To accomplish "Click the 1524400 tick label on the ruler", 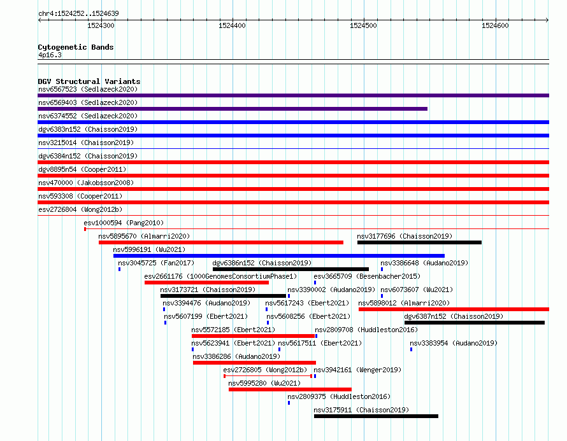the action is pyautogui.click(x=232, y=25).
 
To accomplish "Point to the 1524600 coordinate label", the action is pyautogui.click(x=495, y=25).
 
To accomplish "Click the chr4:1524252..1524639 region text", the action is pyautogui.click(x=78, y=14).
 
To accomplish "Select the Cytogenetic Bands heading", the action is pyautogui.click(x=76, y=47).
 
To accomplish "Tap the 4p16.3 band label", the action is pyautogui.click(x=50, y=55).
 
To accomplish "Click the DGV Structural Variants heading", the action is pyautogui.click(x=89, y=81).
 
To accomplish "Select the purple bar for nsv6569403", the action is pyautogui.click(x=233, y=109).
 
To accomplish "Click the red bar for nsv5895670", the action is pyautogui.click(x=221, y=242).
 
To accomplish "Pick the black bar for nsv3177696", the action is pyautogui.click(x=419, y=242).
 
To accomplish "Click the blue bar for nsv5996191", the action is pyautogui.click(x=279, y=256).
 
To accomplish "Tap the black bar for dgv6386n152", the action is pyautogui.click(x=291, y=269).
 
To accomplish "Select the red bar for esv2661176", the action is pyautogui.click(x=206, y=283).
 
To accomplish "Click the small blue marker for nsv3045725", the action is pyautogui.click(x=119, y=269).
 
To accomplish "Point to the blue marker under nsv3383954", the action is pyautogui.click(x=411, y=349).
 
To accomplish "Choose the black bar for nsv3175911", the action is pyautogui.click(x=376, y=416).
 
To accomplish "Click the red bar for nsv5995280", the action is pyautogui.click(x=290, y=389).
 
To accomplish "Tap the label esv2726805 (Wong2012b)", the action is pyautogui.click(x=265, y=370).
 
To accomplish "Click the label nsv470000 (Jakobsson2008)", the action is pyautogui.click(x=86, y=183).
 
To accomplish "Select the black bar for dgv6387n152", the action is pyautogui.click(x=475, y=323).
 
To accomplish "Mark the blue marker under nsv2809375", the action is pyautogui.click(x=289, y=403).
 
